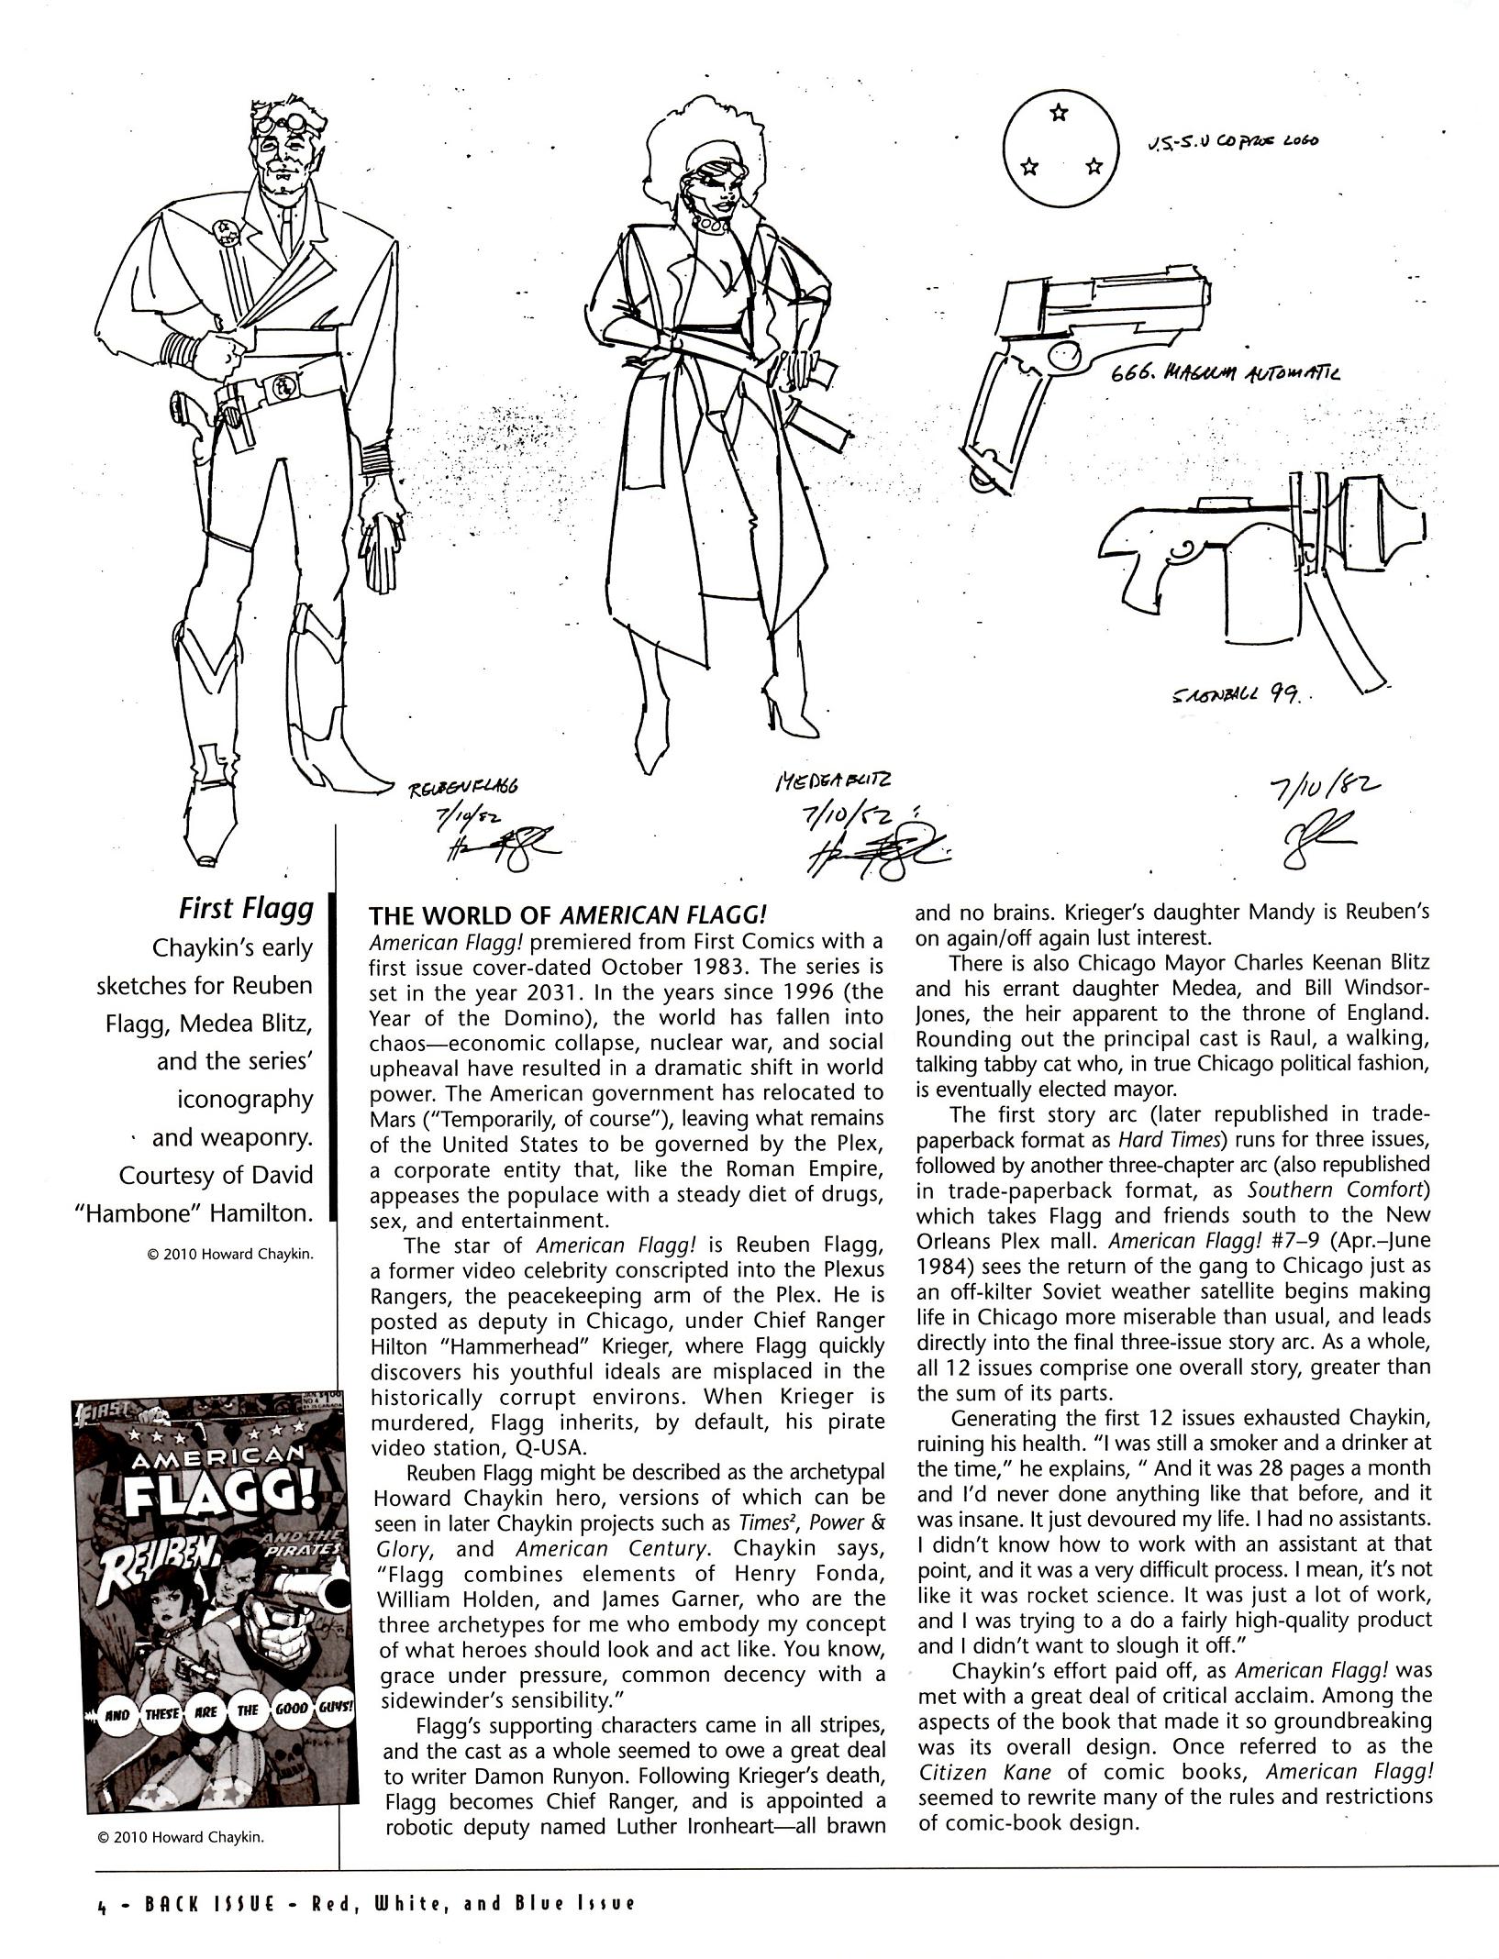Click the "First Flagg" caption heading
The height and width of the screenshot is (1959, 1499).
(x=245, y=909)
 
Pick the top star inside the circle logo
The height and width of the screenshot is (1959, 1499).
(x=1060, y=113)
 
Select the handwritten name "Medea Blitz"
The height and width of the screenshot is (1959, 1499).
(x=833, y=781)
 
